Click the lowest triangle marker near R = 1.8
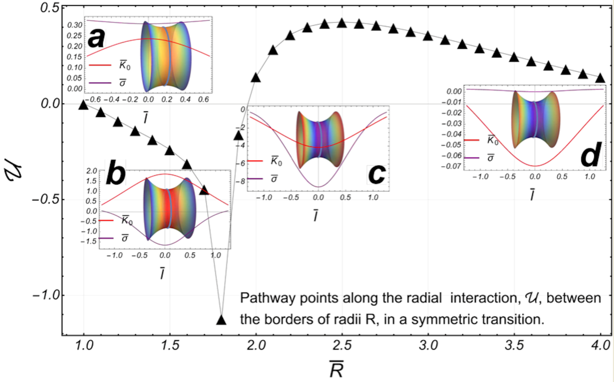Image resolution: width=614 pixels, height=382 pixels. [221, 320]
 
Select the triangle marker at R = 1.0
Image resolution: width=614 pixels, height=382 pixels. [83, 105]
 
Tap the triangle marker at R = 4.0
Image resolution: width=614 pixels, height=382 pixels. [600, 78]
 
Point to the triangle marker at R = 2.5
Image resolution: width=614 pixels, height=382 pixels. [342, 23]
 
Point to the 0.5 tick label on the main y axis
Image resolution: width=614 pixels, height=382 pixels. [47, 9]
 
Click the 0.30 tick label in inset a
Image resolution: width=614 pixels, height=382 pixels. [74, 25]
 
